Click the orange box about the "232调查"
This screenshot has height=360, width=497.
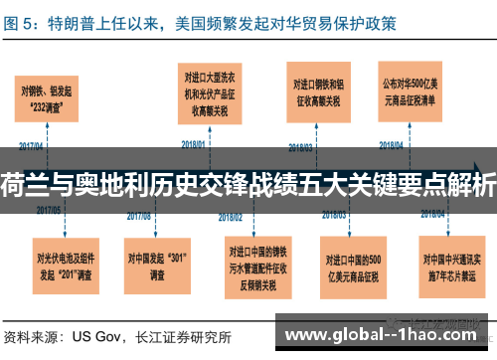tap(49, 100)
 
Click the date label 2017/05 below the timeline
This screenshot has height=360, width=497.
tap(50, 212)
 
